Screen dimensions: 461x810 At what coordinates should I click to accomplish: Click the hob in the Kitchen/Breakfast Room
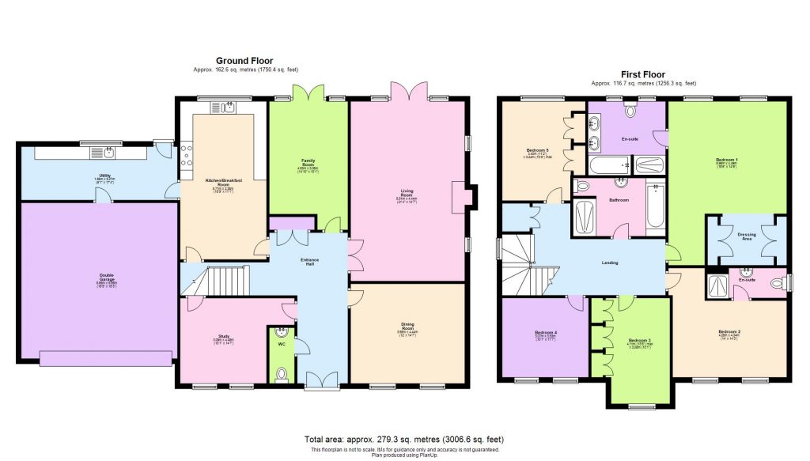(x=185, y=158)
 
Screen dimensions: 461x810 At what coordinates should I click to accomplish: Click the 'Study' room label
(x=225, y=337)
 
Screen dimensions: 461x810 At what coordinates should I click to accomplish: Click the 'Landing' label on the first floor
(x=609, y=263)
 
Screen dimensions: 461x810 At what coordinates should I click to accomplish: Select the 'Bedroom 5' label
(x=538, y=149)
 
